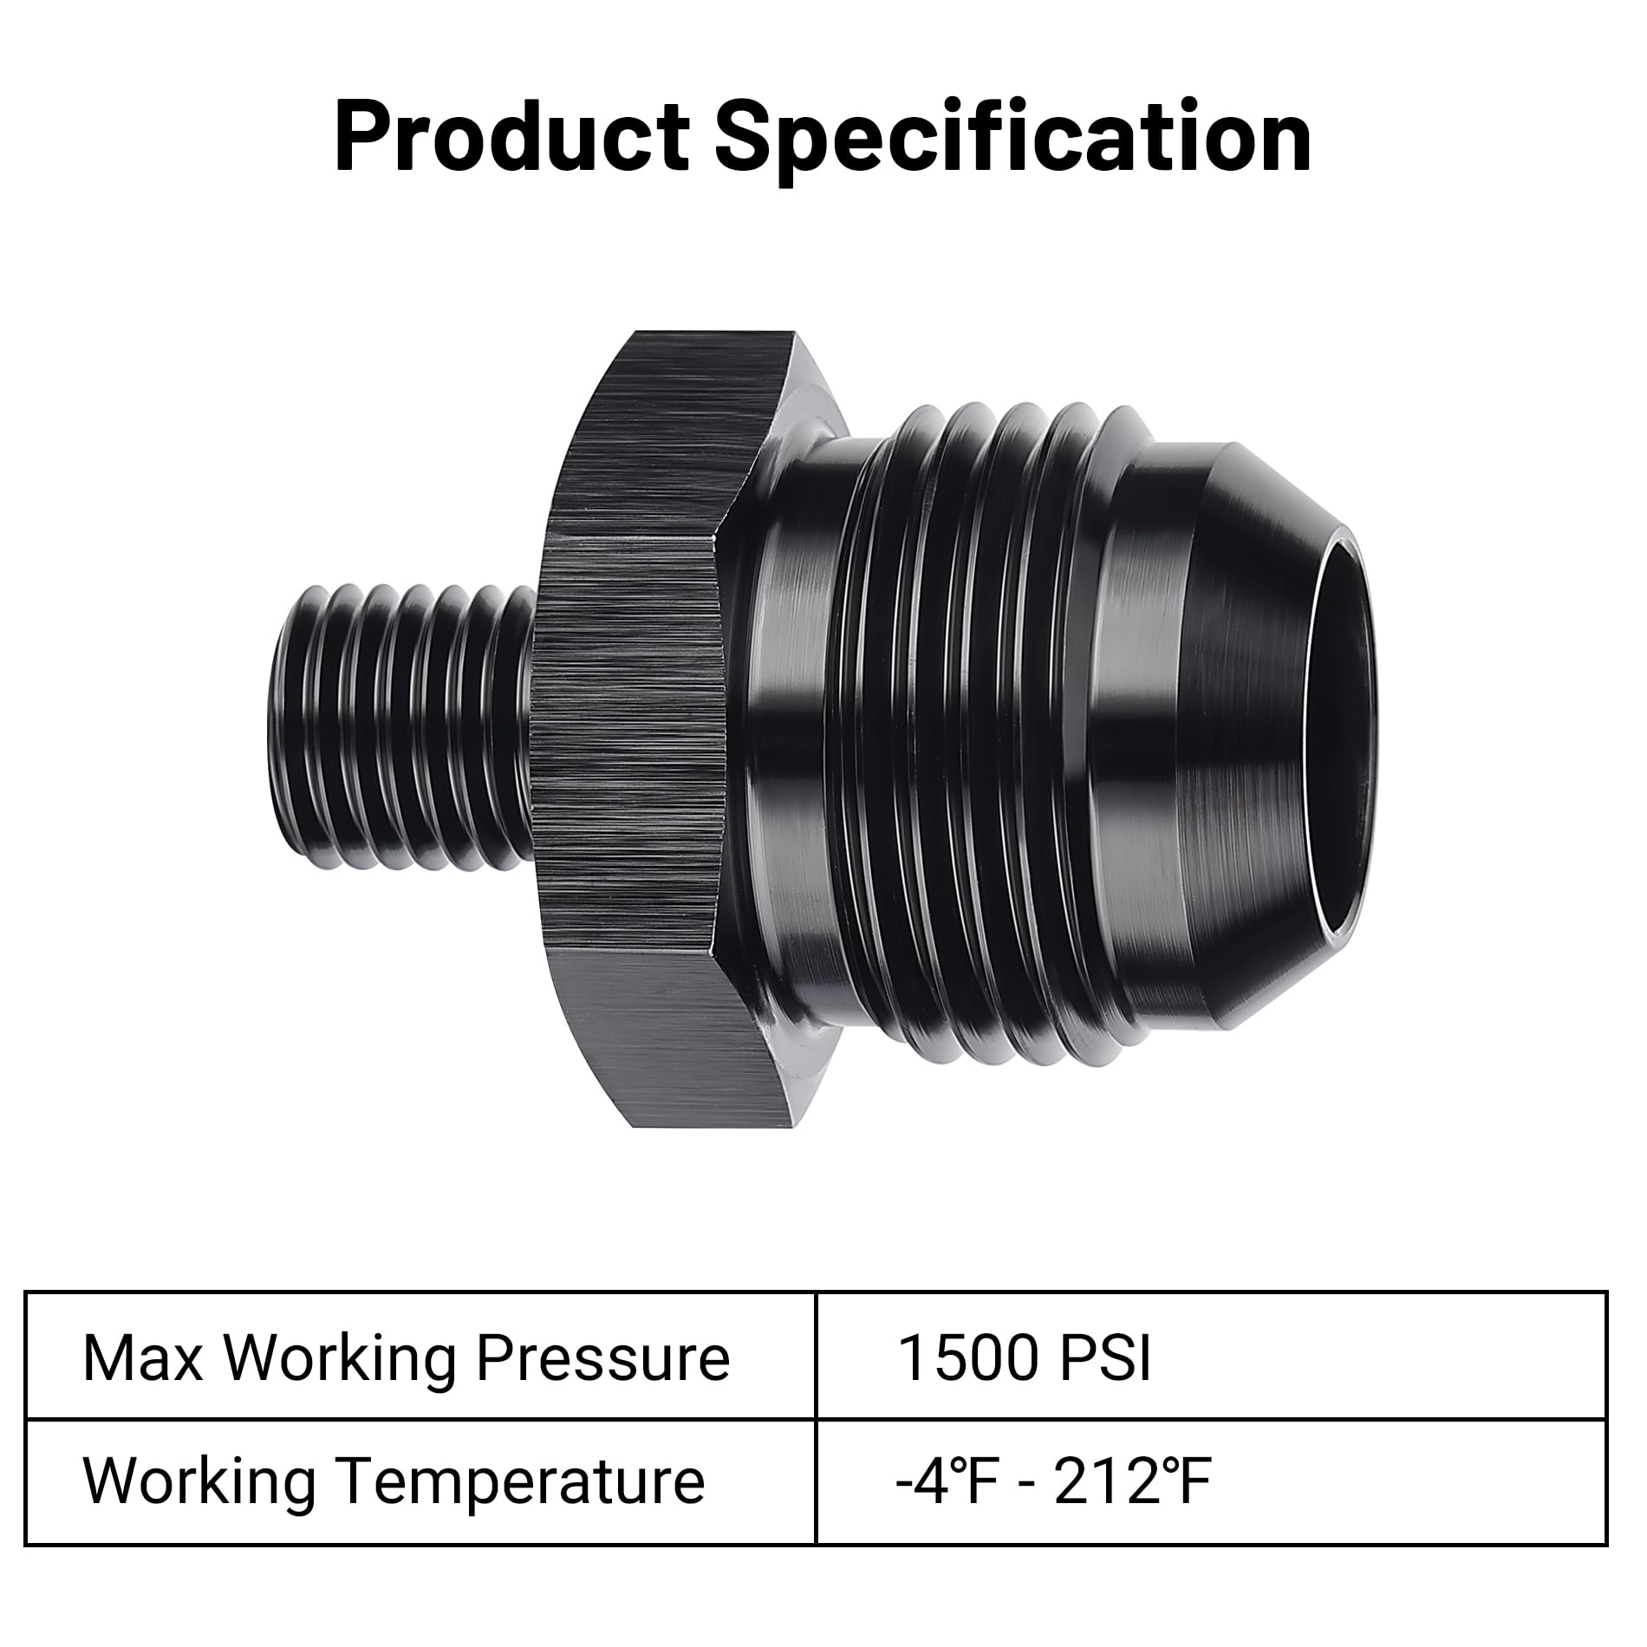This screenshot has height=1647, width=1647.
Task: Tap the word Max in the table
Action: pos(142,1359)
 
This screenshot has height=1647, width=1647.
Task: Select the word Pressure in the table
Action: pos(602,1359)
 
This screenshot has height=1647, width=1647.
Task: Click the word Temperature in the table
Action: pos(519,1482)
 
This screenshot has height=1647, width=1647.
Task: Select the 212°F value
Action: pos(1131,1482)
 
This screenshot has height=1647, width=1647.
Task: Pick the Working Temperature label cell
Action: pos(420,1482)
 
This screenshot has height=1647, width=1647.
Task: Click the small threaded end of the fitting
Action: pos(399,715)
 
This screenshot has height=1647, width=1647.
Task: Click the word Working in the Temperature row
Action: pos(199,1482)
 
